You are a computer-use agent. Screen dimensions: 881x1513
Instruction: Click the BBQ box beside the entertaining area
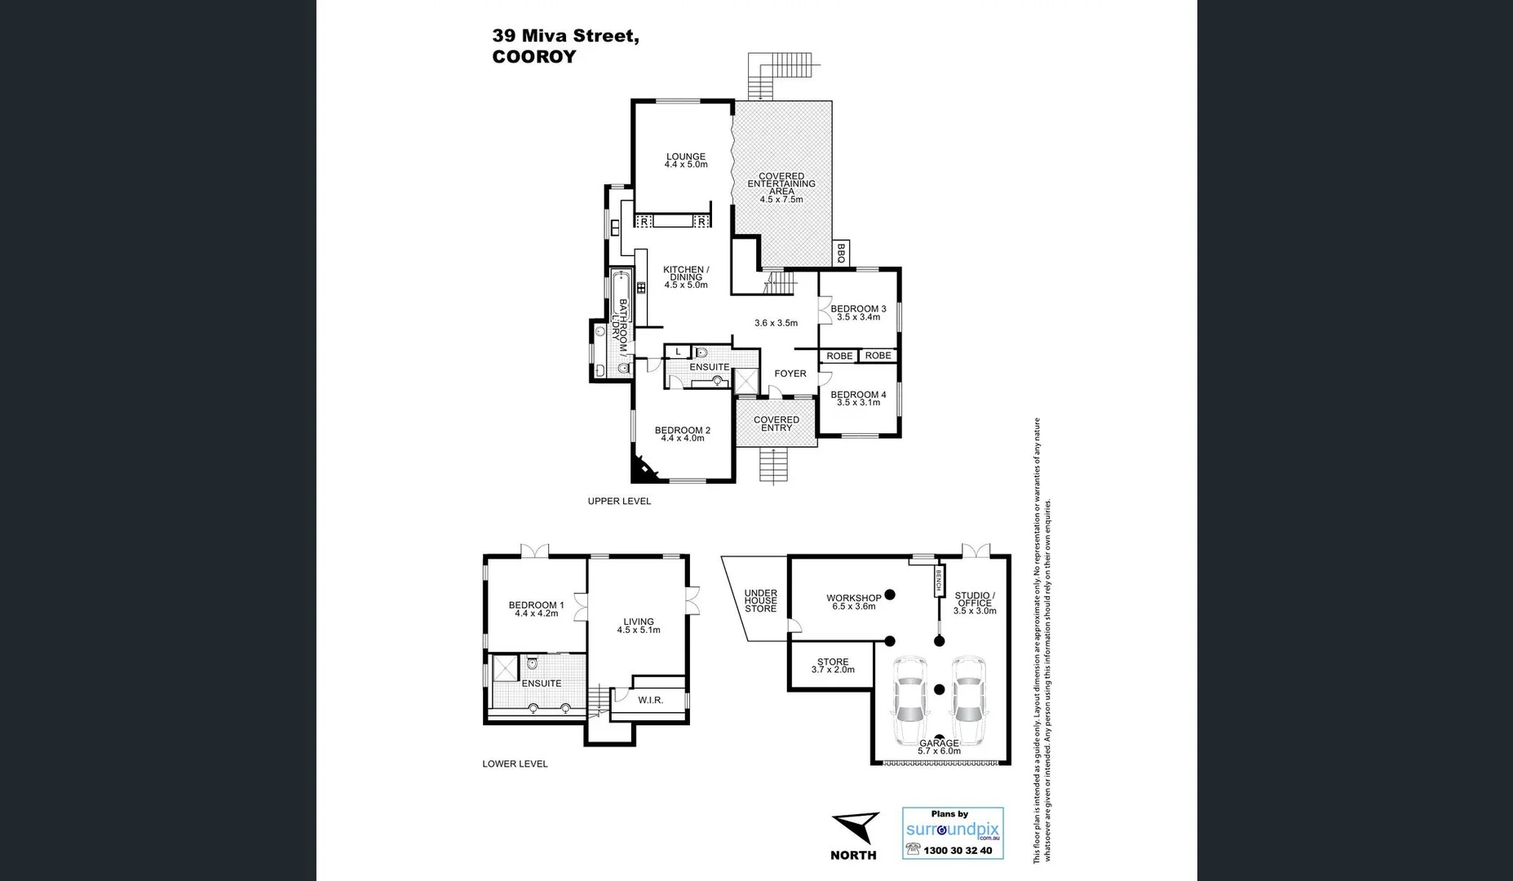[841, 253]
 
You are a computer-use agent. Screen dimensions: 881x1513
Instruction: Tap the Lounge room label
[685, 157]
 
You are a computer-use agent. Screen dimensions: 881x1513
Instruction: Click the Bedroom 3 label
[858, 309]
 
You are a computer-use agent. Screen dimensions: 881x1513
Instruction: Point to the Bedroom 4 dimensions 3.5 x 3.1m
[858, 402]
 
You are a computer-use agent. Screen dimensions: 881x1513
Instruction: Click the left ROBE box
[839, 356]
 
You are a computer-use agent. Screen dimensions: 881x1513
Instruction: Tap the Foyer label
[790, 374]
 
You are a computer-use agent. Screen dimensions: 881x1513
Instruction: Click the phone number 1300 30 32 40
[958, 850]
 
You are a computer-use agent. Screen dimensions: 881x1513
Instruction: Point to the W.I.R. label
[650, 700]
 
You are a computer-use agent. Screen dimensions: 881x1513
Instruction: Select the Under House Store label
[760, 601]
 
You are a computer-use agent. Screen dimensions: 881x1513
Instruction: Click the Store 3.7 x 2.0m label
[833, 666]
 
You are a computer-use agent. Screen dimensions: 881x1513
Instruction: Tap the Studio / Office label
[975, 600]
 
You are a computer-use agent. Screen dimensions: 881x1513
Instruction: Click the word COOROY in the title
[534, 57]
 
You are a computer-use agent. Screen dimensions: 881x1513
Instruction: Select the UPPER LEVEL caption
[619, 501]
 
